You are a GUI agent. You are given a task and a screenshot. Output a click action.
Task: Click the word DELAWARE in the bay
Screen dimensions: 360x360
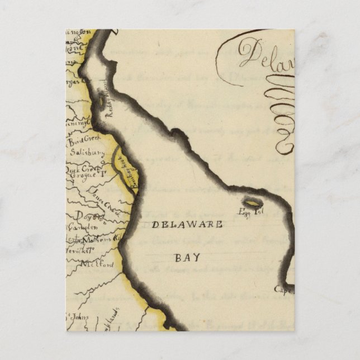click(187, 225)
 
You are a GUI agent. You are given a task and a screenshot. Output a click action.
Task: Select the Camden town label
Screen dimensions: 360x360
click(82, 228)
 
